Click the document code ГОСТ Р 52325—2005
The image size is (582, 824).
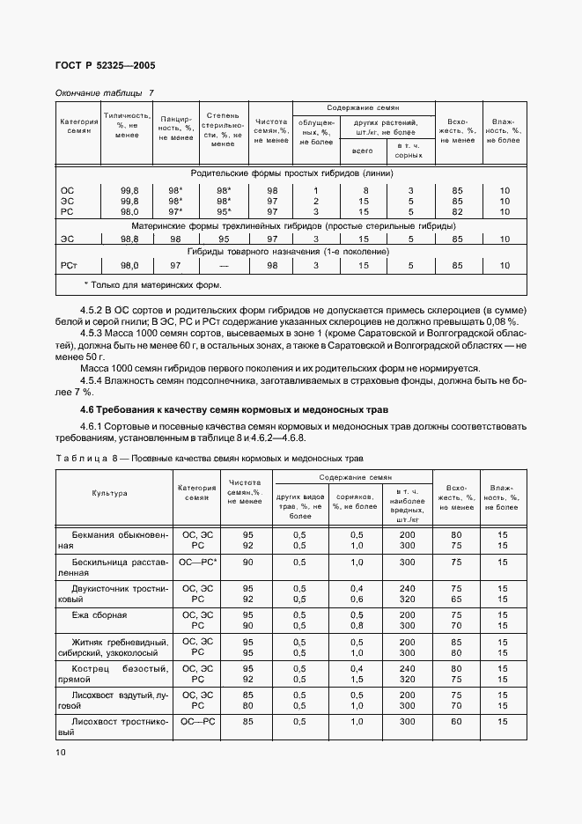point(105,66)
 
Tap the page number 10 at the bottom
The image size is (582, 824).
point(60,752)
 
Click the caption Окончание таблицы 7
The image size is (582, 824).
point(104,92)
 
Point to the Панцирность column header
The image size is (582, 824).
point(176,129)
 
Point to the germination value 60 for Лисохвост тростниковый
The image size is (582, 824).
point(456,721)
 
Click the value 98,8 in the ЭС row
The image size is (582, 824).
point(129,239)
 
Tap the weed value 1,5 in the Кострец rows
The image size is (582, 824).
point(357,680)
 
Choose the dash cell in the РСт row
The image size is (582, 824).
point(224,265)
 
